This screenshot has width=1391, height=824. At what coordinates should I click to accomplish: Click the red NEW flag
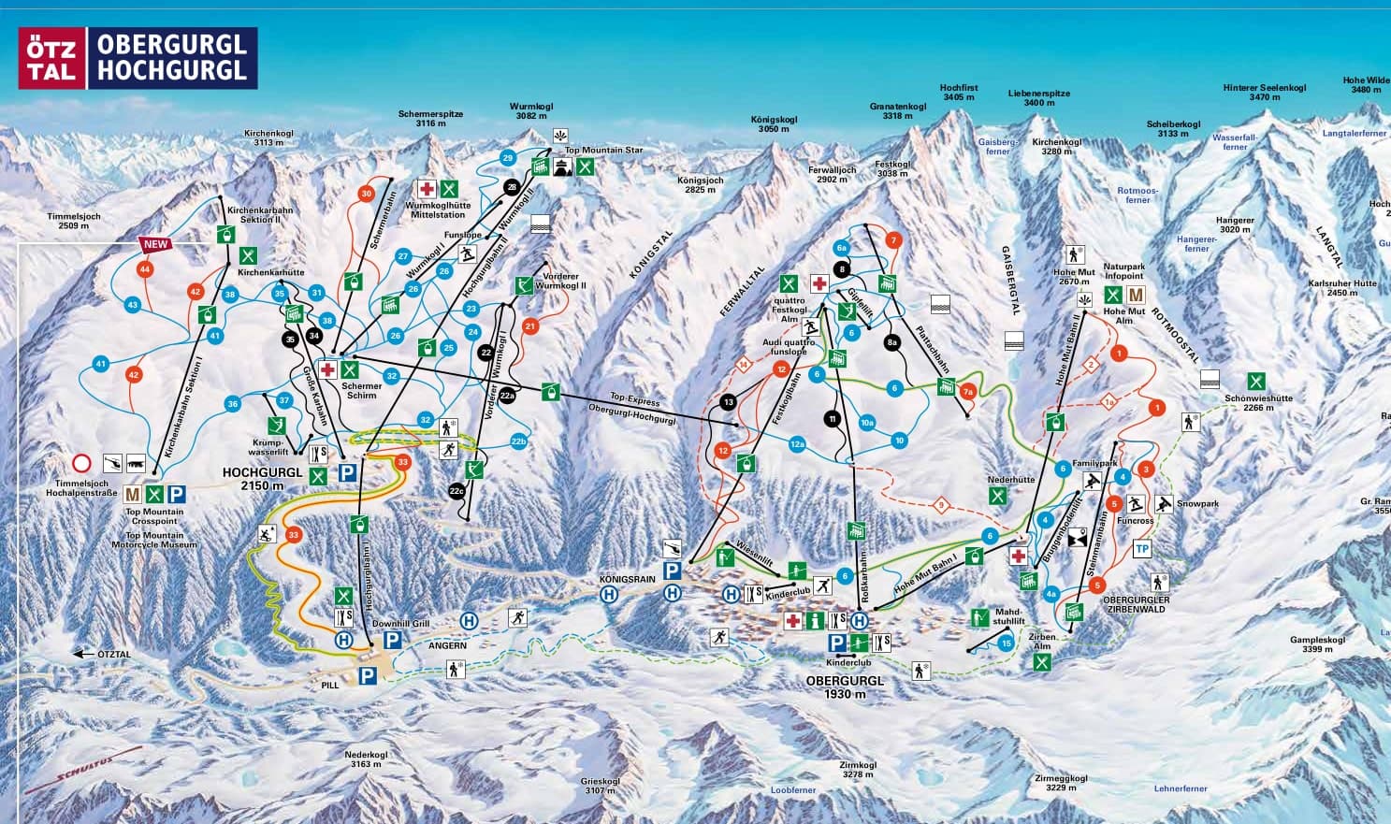(x=155, y=244)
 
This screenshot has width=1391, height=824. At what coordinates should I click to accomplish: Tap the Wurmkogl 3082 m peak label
(x=528, y=111)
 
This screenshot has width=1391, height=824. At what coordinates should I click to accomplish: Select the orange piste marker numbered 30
(x=366, y=194)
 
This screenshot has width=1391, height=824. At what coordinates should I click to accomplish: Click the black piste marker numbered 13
(x=729, y=402)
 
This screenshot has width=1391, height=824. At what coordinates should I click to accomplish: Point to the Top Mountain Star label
(x=603, y=150)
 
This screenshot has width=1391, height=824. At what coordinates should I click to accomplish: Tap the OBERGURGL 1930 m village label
(x=844, y=687)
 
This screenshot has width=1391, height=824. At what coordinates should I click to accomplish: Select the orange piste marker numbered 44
(x=144, y=269)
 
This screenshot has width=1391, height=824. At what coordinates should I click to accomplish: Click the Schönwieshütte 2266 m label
(x=1258, y=402)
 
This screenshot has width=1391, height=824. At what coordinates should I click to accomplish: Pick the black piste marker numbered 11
(x=832, y=418)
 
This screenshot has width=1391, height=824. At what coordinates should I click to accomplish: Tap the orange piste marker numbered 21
(x=530, y=326)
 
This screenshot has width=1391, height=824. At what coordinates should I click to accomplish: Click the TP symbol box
(x=1141, y=549)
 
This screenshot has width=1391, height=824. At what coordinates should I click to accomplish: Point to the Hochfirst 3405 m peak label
(x=959, y=93)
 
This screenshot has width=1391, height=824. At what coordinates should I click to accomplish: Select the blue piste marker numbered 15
(x=1006, y=643)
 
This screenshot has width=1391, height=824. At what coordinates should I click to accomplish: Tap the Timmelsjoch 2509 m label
(x=74, y=221)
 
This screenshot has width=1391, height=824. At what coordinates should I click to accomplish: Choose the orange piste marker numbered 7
(x=892, y=240)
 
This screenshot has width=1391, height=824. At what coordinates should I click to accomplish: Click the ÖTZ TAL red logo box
(x=51, y=58)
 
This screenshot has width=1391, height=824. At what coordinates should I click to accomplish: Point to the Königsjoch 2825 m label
(x=700, y=184)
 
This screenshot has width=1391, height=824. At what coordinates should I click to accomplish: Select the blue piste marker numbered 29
(x=508, y=157)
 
